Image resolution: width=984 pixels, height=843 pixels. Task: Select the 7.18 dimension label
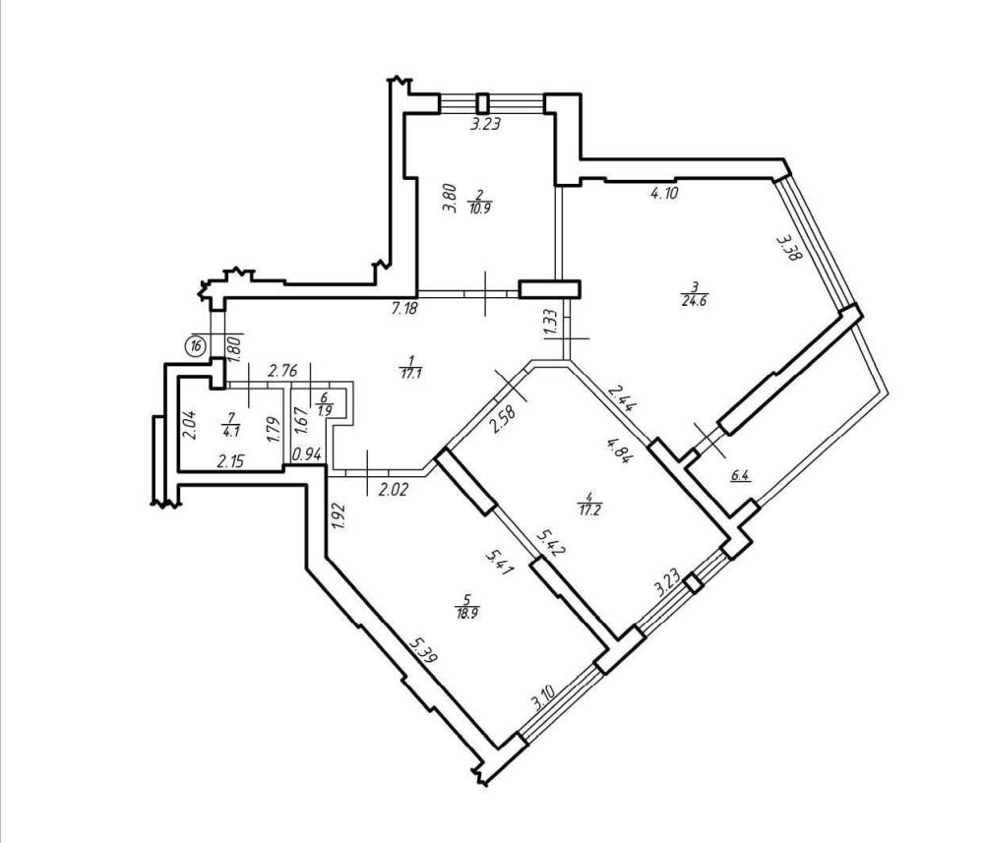(404, 309)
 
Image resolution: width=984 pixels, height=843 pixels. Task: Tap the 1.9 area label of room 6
(324, 409)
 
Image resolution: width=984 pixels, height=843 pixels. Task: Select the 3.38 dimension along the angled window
(786, 247)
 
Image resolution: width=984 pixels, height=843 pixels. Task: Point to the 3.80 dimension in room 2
(449, 198)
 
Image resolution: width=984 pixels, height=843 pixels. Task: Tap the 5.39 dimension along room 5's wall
(423, 650)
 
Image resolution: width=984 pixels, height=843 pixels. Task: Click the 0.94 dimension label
(307, 454)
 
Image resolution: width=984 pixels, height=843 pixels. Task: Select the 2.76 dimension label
(281, 371)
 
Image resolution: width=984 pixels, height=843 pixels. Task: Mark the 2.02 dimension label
(395, 488)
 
